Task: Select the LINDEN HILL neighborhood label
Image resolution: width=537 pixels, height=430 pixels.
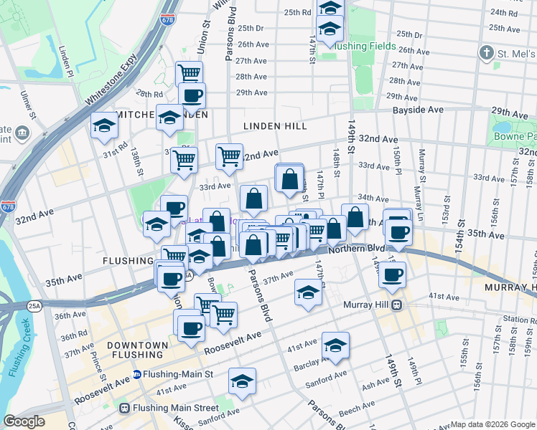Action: point(275,126)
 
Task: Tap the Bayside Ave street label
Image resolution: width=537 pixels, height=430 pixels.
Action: point(417,110)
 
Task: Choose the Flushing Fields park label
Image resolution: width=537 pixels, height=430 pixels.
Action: point(366,47)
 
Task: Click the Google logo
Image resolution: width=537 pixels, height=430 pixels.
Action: point(24,421)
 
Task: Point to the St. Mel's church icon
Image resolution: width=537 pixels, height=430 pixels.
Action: point(486,53)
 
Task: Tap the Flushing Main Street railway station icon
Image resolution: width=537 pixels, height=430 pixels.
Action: point(124,408)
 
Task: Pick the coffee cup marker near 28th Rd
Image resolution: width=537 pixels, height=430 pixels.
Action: point(192,95)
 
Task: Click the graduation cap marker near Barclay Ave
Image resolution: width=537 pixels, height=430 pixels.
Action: point(335,345)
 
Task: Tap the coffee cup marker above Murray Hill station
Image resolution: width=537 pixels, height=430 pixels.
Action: point(392,274)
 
